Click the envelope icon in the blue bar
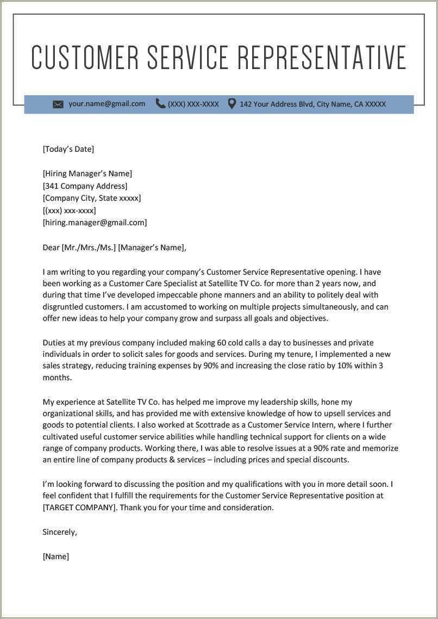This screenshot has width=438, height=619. pyautogui.click(x=58, y=104)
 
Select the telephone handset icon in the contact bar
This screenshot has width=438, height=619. pyautogui.click(x=160, y=103)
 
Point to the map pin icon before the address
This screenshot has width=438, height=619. pyautogui.click(x=231, y=103)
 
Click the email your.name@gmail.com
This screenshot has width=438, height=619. pyautogui.click(x=107, y=103)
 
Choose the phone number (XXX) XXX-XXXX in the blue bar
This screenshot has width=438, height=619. pyautogui.click(x=193, y=104)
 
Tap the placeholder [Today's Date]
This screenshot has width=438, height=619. pyautogui.click(x=68, y=149)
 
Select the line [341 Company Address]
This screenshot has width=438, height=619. pyautogui.click(x=85, y=186)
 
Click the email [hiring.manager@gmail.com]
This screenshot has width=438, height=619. pyautogui.click(x=95, y=222)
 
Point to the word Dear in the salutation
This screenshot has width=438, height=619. pyautogui.click(x=51, y=247)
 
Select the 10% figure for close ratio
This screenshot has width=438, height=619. pyautogui.click(x=345, y=366)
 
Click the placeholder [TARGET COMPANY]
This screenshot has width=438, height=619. pyautogui.click(x=80, y=507)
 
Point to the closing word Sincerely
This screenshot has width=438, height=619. pyautogui.click(x=60, y=532)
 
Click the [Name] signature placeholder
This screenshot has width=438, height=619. pyautogui.click(x=56, y=556)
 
